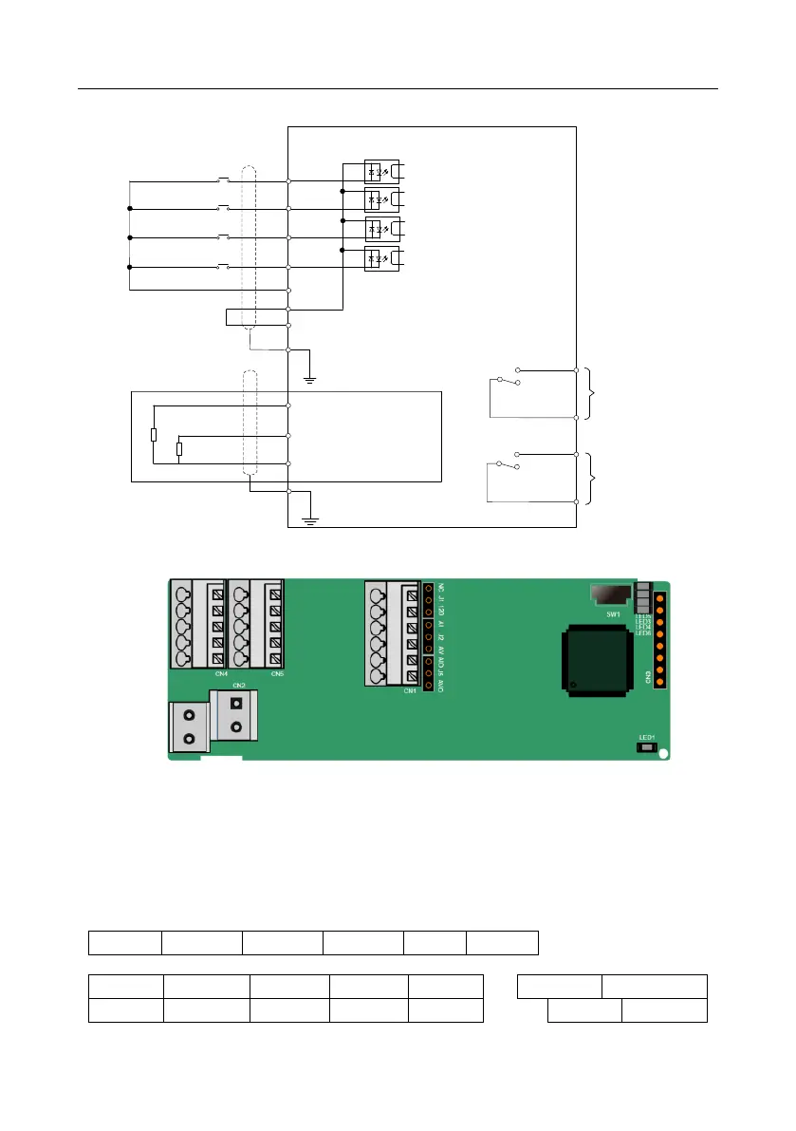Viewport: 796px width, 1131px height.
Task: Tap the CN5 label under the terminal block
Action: click(x=276, y=673)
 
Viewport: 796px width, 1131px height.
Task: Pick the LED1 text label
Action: click(x=647, y=736)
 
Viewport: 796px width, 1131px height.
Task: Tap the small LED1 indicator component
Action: click(x=647, y=748)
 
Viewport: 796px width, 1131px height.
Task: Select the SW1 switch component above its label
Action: click(x=609, y=594)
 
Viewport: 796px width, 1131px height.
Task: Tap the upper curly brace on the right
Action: click(x=592, y=392)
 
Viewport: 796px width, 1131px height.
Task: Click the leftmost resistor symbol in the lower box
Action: click(x=154, y=435)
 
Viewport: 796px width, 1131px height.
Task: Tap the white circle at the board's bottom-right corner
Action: click(x=664, y=754)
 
